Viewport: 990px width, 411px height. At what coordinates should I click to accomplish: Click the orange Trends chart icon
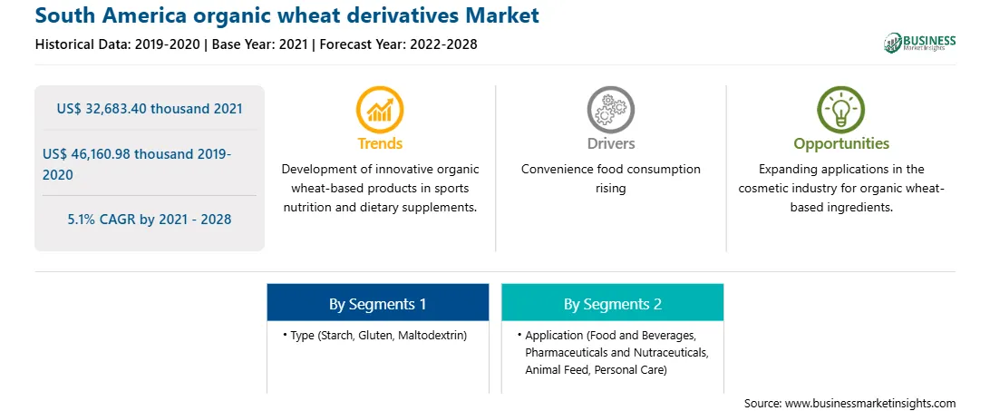(380, 110)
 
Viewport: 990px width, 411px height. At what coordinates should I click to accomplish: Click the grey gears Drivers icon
(610, 110)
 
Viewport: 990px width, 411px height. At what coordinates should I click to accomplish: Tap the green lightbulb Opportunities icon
(841, 110)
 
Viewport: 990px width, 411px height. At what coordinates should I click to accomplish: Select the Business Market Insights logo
(920, 43)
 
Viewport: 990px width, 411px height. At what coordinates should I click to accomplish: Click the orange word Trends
(380, 143)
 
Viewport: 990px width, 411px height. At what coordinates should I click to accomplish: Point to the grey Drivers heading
(610, 143)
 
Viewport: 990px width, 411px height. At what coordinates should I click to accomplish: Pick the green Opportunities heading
(841, 143)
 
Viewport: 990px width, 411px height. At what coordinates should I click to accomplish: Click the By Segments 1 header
(377, 304)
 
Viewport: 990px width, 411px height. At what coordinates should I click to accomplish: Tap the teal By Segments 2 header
(613, 304)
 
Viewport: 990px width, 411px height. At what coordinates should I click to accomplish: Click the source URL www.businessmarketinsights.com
(871, 403)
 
